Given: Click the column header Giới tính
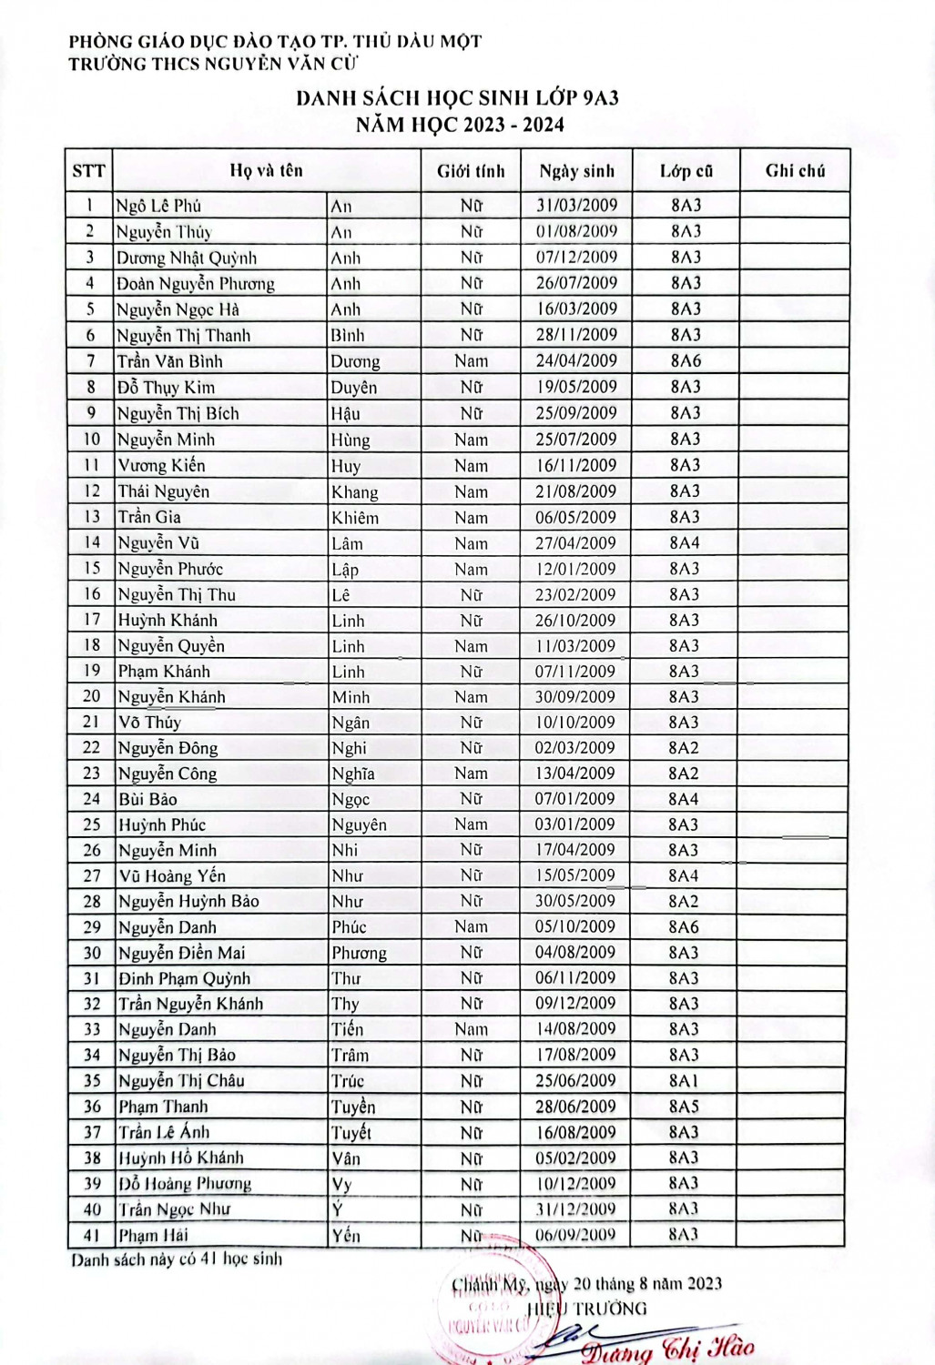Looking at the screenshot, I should [x=471, y=171].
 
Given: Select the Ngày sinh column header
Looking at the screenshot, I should [x=576, y=171].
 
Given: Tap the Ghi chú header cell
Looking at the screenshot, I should [x=795, y=170].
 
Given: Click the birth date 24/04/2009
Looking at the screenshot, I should [x=576, y=361].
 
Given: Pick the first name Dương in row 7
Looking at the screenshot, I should [x=355, y=361].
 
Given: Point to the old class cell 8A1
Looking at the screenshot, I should [x=685, y=1081].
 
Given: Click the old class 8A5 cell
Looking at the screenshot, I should [x=685, y=1107].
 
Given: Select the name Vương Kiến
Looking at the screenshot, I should [x=162, y=466].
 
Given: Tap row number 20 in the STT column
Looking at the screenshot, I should [x=91, y=696].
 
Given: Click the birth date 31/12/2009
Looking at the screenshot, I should [x=576, y=1209].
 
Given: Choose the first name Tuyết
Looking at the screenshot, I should [x=351, y=1133].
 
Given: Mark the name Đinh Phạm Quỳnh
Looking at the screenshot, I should [x=184, y=979].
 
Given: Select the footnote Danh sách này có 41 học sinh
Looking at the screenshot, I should [x=178, y=1260].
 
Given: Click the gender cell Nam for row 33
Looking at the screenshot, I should [x=471, y=1029].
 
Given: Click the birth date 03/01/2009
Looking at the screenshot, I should [x=576, y=824].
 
